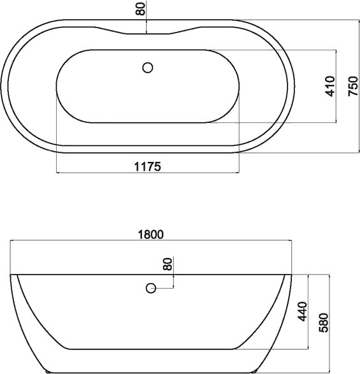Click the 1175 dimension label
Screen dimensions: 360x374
[148, 166]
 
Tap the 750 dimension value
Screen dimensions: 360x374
[353, 86]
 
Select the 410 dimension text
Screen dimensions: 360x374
[331, 86]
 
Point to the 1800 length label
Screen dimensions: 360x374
[151, 234]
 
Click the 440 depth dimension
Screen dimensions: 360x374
[303, 312]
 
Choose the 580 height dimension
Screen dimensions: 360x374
[324, 323]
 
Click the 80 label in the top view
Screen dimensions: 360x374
[141, 9]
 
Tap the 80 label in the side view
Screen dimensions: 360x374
[168, 264]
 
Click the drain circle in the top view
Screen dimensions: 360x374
[148, 68]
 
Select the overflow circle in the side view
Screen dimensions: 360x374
[151, 288]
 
